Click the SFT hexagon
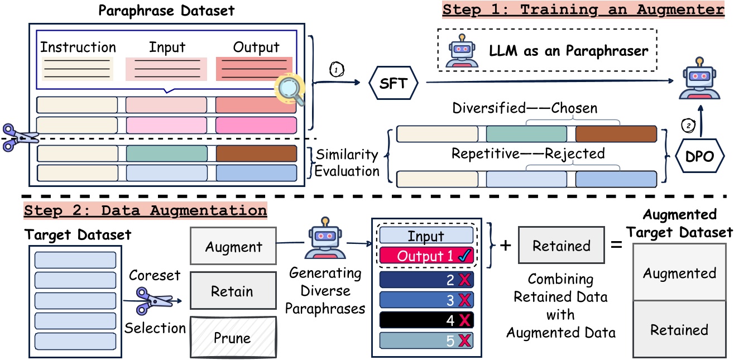[394, 84]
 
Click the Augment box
[233, 247]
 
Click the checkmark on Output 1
[464, 256]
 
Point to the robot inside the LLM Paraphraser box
[461, 50]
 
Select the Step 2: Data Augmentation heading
[145, 211]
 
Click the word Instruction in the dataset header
[78, 47]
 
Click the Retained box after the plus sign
[560, 246]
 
